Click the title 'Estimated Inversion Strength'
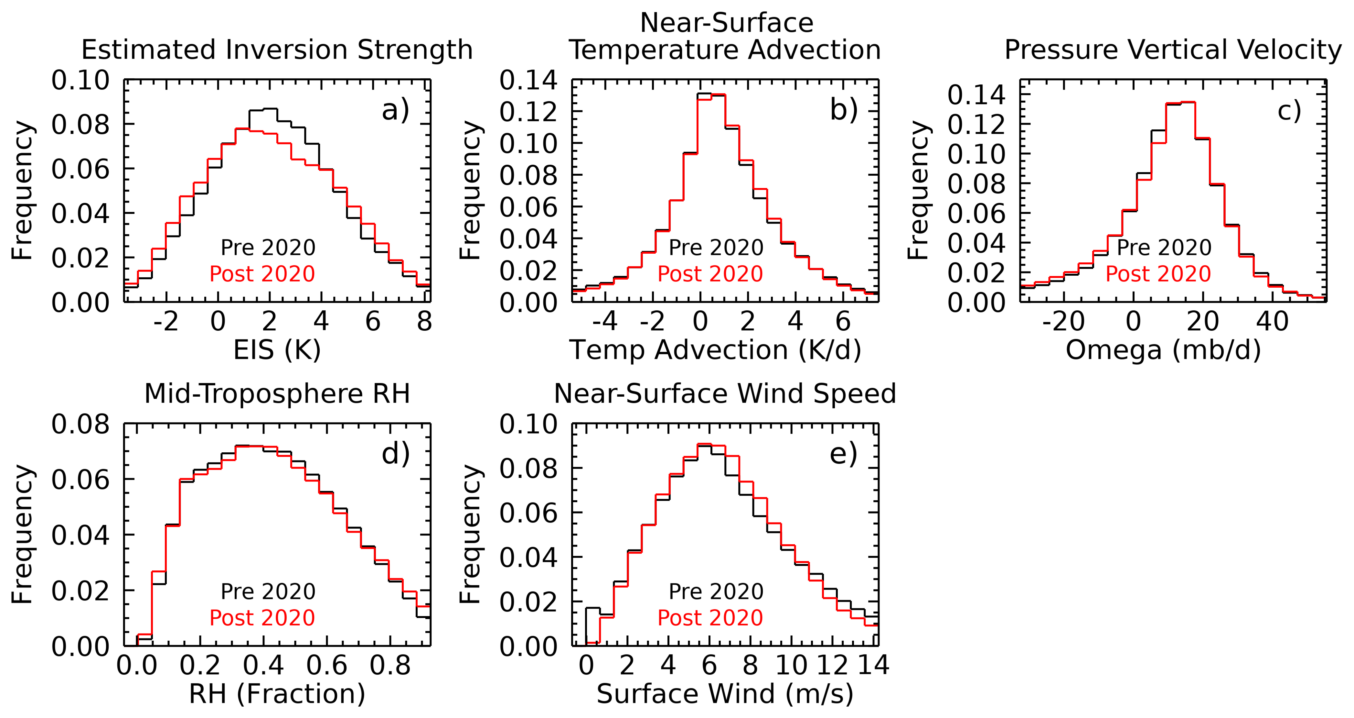click(x=277, y=50)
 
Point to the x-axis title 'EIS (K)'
click(x=277, y=350)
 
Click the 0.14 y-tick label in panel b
click(x=528, y=81)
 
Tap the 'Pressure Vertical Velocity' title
click(x=1173, y=50)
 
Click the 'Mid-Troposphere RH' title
click(x=277, y=393)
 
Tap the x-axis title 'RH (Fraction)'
click(x=277, y=694)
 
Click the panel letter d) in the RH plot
click(x=395, y=453)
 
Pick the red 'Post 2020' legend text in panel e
click(x=710, y=618)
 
